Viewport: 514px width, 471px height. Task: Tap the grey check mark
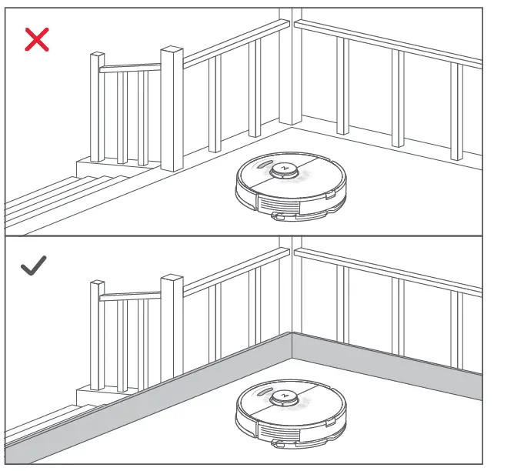34,267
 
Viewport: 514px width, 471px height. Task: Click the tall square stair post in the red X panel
172,108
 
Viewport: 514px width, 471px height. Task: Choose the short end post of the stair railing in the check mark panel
97,335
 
